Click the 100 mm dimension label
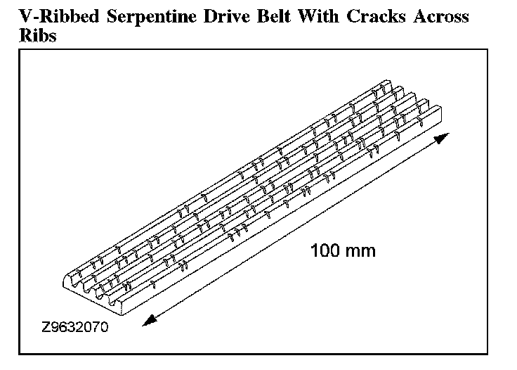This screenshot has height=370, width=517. tap(343, 250)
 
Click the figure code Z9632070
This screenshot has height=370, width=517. tap(74, 328)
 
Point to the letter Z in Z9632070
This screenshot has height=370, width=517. tap(46, 328)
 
